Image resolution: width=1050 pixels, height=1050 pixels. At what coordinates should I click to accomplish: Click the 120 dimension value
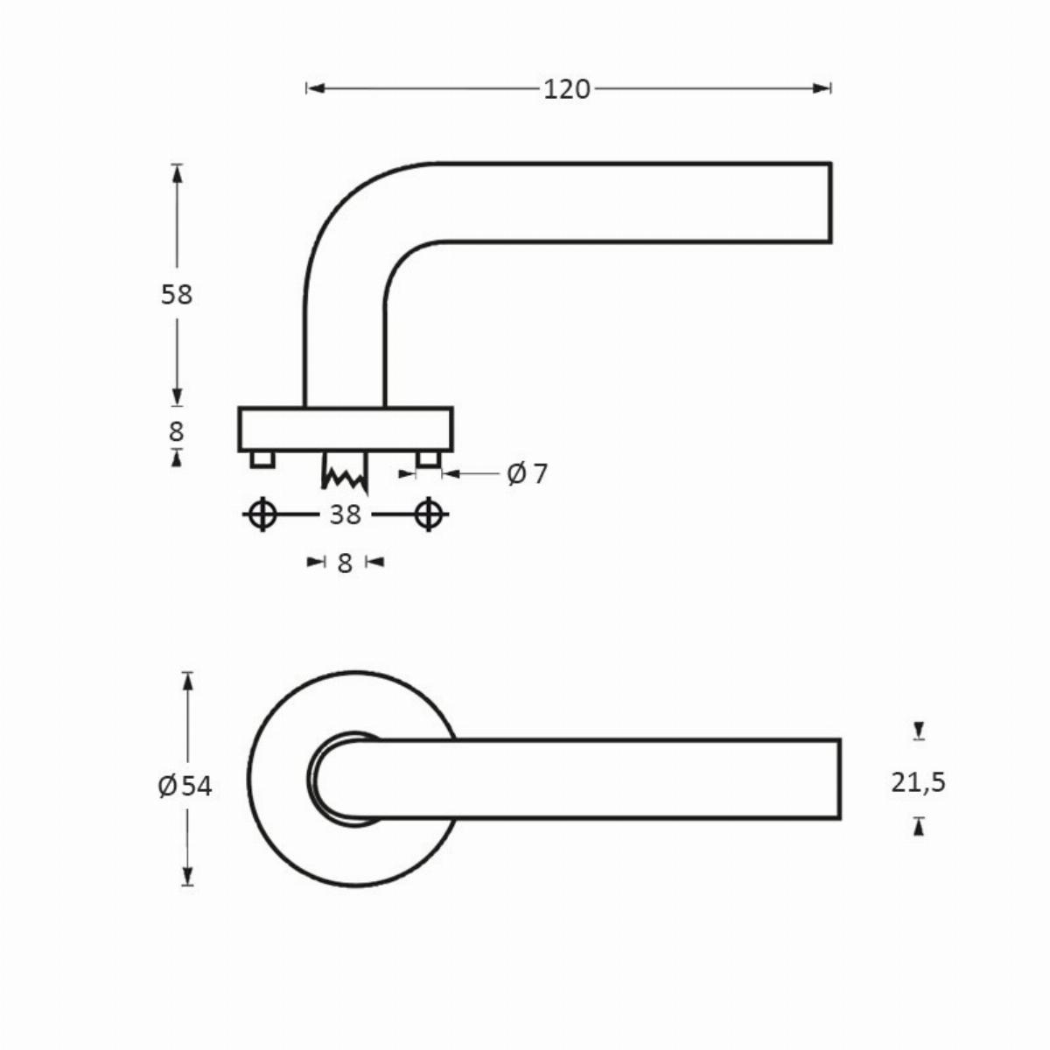[x=567, y=89]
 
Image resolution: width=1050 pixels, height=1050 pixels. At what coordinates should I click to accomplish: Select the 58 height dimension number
[x=177, y=295]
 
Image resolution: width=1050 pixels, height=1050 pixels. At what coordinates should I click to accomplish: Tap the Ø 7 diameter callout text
[x=527, y=473]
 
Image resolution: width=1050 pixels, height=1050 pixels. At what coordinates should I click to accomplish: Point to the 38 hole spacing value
[x=345, y=514]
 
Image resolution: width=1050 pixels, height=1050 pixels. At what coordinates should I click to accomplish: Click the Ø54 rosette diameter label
[x=185, y=786]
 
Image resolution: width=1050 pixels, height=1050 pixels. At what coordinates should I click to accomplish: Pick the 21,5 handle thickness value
[x=918, y=782]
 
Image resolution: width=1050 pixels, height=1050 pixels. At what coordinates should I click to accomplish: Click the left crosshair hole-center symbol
[x=262, y=514]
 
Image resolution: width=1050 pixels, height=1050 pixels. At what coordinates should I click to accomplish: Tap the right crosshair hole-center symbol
[x=429, y=514]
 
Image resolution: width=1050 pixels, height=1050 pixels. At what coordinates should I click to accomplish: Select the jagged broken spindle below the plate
[x=345, y=472]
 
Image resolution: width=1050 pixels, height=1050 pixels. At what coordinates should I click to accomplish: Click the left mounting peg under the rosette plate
[x=262, y=458]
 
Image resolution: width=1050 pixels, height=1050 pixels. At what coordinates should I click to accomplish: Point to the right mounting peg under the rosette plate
[x=428, y=458]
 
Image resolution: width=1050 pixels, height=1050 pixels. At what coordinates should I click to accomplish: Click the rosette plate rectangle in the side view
[x=346, y=430]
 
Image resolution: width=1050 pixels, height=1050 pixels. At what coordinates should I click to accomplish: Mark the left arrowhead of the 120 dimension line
[x=316, y=88]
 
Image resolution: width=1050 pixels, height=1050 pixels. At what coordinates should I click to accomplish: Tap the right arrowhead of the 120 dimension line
[x=822, y=88]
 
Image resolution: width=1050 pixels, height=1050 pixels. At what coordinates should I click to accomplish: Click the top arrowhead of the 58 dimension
[x=177, y=173]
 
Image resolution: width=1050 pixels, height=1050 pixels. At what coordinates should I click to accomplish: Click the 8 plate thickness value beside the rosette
[x=176, y=432]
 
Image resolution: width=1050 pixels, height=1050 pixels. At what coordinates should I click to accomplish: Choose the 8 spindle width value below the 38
[x=345, y=564]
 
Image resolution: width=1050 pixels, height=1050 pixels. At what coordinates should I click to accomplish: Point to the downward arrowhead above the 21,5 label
[x=920, y=731]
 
